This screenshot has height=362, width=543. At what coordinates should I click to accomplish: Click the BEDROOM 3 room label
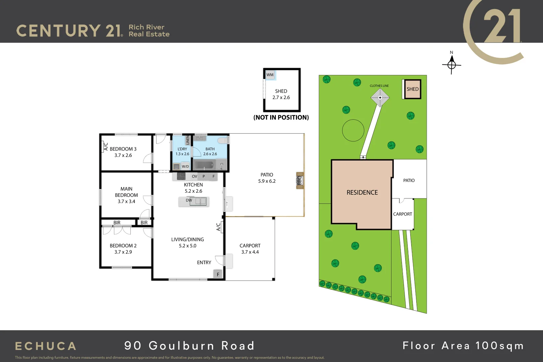(x=123, y=149)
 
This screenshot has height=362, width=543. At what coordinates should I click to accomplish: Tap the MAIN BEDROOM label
(x=126, y=192)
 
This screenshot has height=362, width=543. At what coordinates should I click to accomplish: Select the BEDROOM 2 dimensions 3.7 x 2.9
(x=123, y=252)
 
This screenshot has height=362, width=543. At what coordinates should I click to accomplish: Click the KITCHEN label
(x=193, y=185)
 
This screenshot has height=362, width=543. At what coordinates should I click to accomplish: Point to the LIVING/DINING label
(x=187, y=240)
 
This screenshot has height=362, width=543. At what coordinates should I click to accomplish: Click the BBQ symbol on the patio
(x=300, y=181)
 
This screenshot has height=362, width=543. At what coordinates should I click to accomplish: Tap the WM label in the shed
(x=270, y=75)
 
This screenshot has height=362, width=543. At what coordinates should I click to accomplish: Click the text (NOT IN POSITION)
(x=281, y=118)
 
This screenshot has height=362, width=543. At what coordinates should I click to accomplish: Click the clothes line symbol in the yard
(x=380, y=98)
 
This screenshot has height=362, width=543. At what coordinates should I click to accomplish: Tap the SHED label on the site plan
(x=413, y=89)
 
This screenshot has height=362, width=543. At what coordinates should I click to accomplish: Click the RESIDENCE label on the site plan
(x=362, y=193)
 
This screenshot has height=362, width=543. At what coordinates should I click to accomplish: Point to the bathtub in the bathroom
(x=204, y=165)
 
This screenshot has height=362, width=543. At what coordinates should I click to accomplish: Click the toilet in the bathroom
(x=223, y=140)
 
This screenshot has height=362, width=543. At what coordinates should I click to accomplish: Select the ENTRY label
(x=204, y=262)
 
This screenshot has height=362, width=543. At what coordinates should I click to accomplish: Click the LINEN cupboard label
(x=188, y=140)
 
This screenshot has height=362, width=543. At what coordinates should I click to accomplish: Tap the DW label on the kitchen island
(x=189, y=200)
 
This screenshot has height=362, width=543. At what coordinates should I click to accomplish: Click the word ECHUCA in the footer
(x=46, y=346)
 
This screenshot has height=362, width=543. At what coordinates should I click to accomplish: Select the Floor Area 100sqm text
(x=463, y=346)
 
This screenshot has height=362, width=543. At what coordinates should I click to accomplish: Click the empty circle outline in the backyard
(x=353, y=130)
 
